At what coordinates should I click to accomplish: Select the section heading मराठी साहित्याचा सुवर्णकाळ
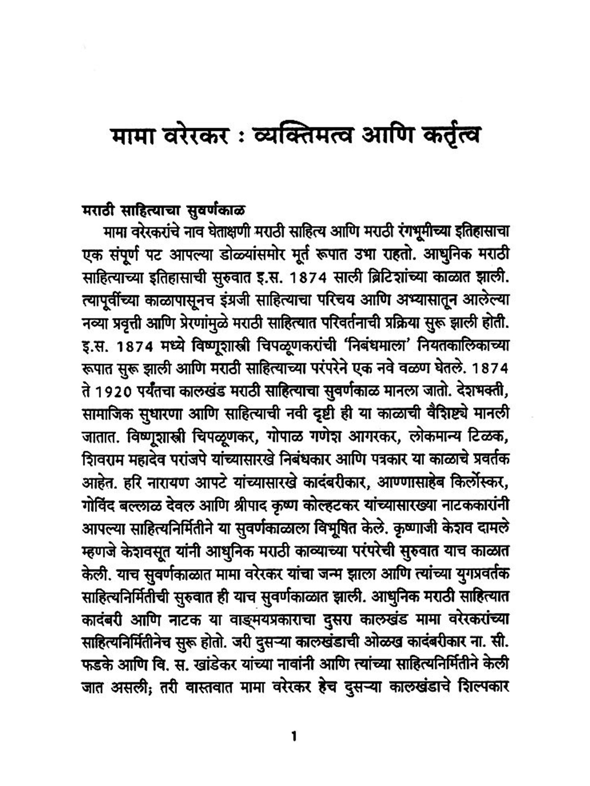pyautogui.click(x=164, y=210)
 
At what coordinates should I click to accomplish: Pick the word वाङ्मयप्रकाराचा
pyautogui.click(x=272, y=619)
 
